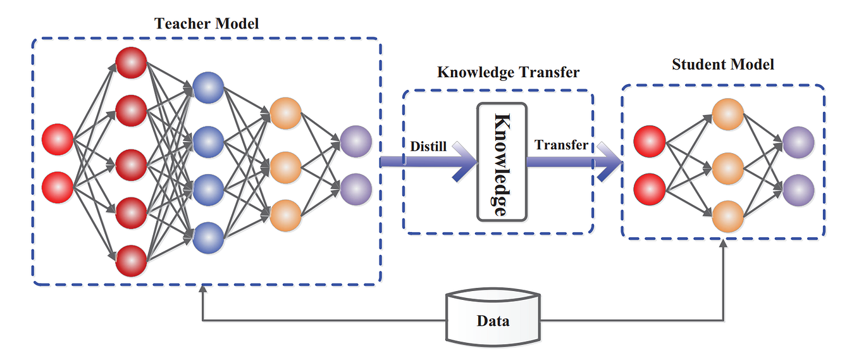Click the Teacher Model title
(206, 24)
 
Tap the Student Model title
(723, 65)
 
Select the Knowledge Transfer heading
(508, 72)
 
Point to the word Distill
(428, 147)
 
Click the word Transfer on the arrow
(561, 145)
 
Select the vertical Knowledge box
(501, 162)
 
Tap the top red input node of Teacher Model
(58, 140)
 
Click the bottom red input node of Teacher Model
(58, 187)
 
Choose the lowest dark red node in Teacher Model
(132, 261)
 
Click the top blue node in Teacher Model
(208, 88)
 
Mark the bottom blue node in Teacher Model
(208, 237)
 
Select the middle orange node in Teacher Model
(285, 166)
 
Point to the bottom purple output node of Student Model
(798, 189)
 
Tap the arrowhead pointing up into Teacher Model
(202, 290)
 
